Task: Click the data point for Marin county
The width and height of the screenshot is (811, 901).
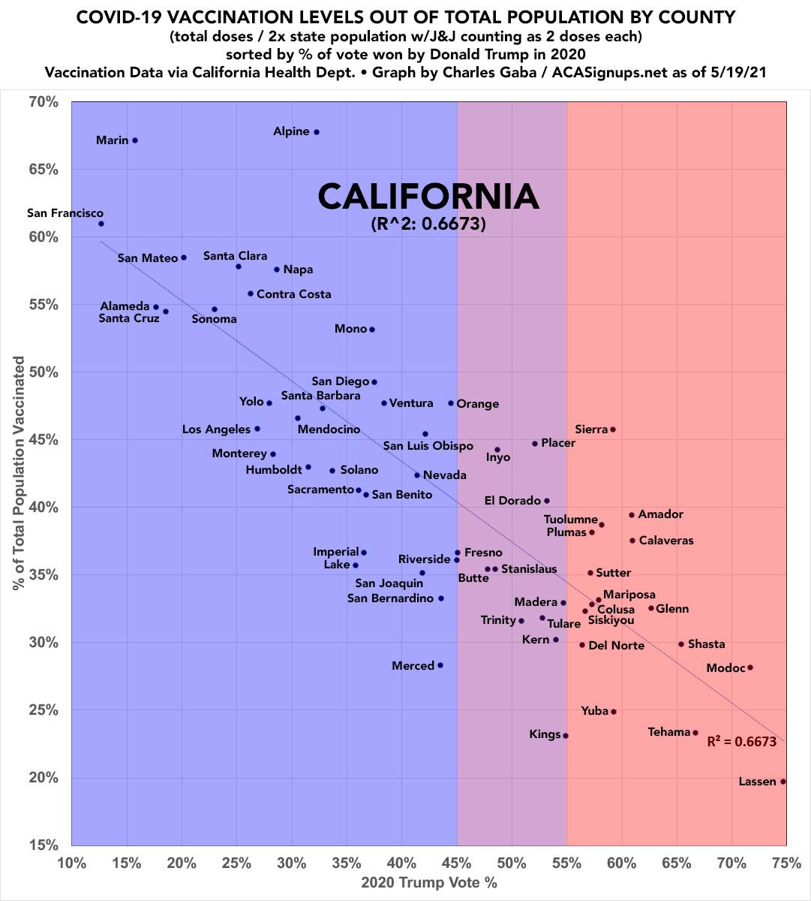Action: click(x=135, y=140)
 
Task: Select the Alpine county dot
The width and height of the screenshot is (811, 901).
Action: click(x=317, y=132)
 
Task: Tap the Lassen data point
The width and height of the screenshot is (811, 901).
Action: click(x=783, y=782)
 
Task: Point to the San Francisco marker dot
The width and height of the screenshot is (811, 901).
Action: click(x=101, y=224)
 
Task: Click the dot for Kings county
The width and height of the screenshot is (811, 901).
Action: click(x=566, y=736)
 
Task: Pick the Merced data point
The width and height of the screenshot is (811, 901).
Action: click(x=440, y=665)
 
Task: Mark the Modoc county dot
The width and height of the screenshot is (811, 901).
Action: click(x=750, y=667)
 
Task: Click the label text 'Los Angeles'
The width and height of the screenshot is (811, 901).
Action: click(x=216, y=429)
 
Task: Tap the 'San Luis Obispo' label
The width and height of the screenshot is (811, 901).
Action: click(x=428, y=446)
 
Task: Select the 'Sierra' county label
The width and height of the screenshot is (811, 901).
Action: click(x=591, y=429)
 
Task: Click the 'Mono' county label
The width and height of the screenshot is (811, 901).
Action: click(x=350, y=329)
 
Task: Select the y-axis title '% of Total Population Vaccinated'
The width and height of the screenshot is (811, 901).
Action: click(x=20, y=473)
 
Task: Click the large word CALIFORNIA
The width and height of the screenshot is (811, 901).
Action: click(x=428, y=197)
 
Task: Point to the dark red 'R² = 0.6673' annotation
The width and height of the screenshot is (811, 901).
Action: click(x=741, y=742)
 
